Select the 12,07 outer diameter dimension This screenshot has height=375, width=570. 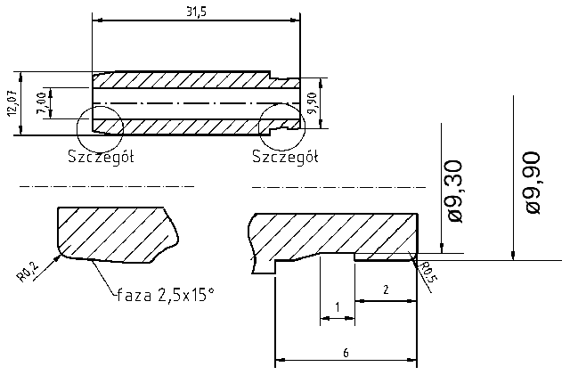[x=11, y=102]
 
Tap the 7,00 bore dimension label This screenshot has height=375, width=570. [x=39, y=102]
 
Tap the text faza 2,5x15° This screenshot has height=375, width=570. [x=166, y=293]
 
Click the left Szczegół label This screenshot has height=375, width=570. [x=101, y=158]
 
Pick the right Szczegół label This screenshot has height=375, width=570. [x=286, y=158]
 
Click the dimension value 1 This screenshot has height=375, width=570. [x=337, y=307]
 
